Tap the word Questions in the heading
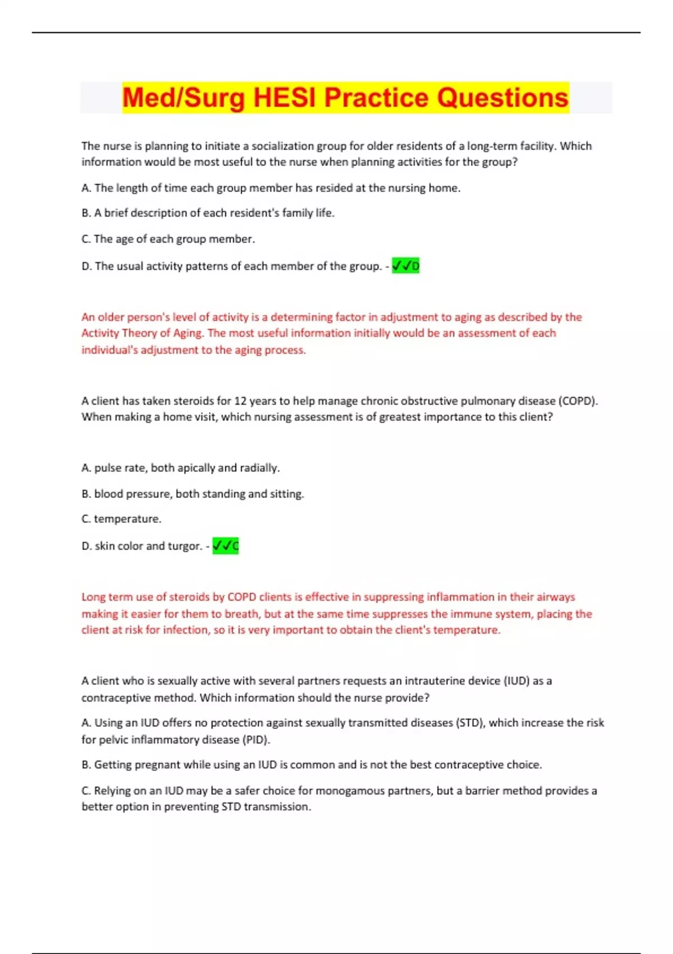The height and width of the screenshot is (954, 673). point(503,98)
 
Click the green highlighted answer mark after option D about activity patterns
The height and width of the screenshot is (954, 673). point(405,266)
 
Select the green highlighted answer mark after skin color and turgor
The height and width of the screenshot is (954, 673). point(225,546)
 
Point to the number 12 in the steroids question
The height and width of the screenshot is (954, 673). point(240,401)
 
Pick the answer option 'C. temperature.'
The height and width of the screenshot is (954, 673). point(121,519)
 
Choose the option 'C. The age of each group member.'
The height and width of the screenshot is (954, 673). point(168,239)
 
